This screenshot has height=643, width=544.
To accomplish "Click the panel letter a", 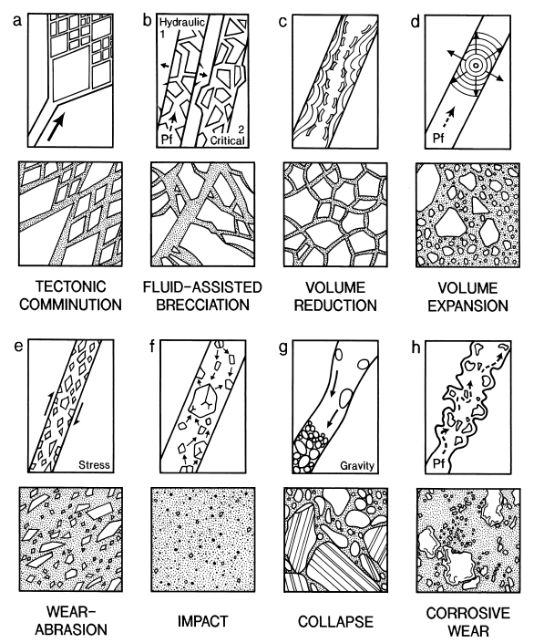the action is pyautogui.click(x=16, y=20).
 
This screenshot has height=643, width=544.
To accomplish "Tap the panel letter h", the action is pyautogui.click(x=416, y=347).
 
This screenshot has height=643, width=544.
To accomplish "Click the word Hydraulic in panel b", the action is pyautogui.click(x=182, y=22).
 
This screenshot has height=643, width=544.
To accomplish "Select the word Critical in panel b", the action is pyautogui.click(x=227, y=140).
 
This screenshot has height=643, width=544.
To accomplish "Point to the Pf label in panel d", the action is pyautogui.click(x=438, y=138).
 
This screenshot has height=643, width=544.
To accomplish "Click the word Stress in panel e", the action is pyautogui.click(x=94, y=464).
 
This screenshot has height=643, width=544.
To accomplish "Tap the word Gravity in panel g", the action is pyautogui.click(x=357, y=466).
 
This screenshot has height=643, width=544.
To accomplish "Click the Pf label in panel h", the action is pyautogui.click(x=438, y=464).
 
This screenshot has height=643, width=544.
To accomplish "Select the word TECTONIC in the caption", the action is pyautogui.click(x=71, y=286).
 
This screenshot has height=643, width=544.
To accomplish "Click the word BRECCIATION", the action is pyautogui.click(x=203, y=305).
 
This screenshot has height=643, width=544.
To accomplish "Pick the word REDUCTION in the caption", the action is pyautogui.click(x=335, y=306).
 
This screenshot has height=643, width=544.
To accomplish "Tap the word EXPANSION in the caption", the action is pyautogui.click(x=467, y=306).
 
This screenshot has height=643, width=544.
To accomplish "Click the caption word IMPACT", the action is pyautogui.click(x=203, y=621).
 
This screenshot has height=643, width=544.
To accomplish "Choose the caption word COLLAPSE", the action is pyautogui.click(x=335, y=622).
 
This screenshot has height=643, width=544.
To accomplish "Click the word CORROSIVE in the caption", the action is pyautogui.click(x=467, y=613).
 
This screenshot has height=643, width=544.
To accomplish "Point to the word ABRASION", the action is pyautogui.click(x=71, y=630).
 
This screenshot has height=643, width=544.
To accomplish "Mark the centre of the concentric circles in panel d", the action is pyautogui.click(x=476, y=65).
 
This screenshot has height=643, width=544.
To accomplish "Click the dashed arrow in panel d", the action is pyautogui.click(x=449, y=118).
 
